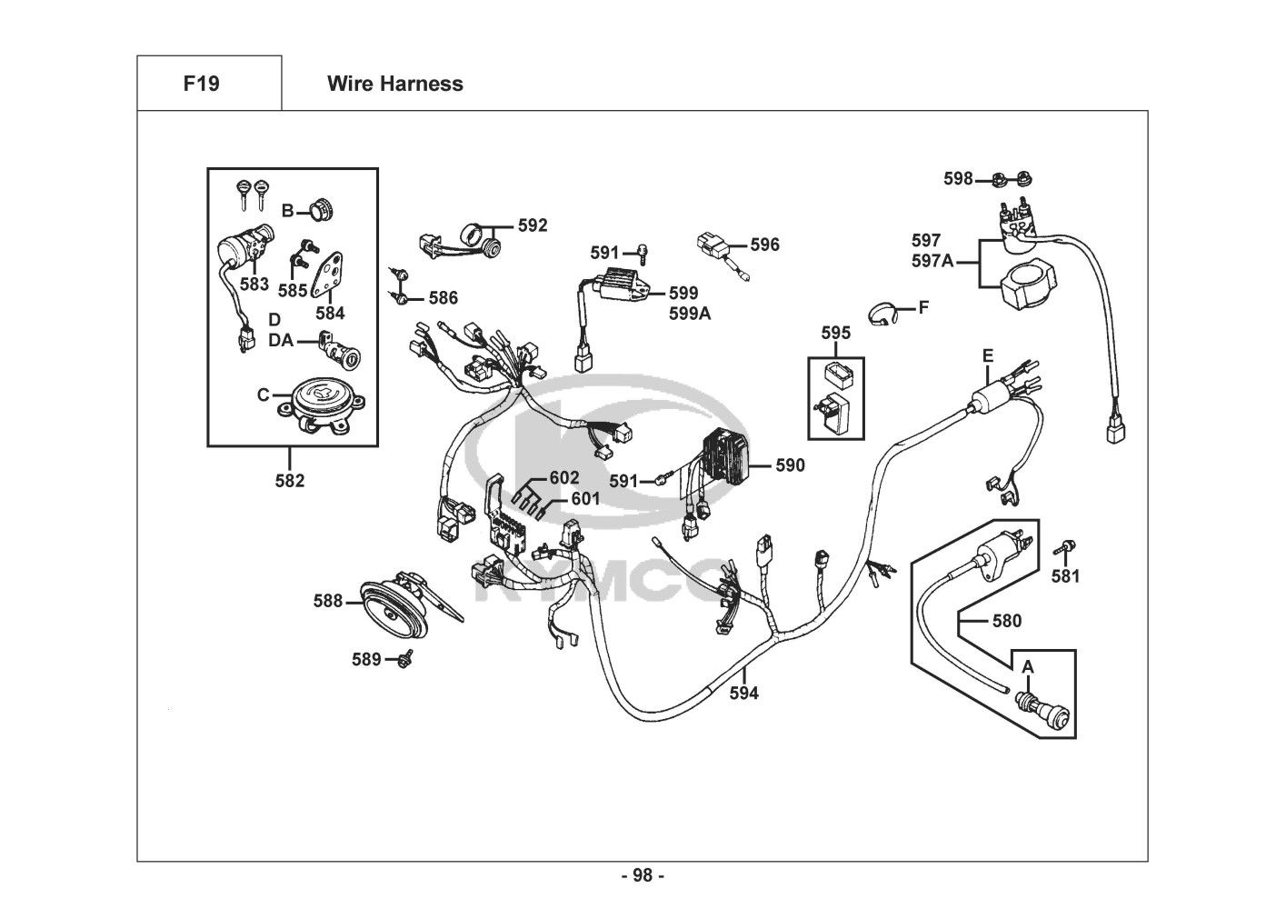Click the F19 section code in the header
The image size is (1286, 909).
(201, 84)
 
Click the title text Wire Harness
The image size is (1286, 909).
(394, 84)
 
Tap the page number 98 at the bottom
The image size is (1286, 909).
(643, 875)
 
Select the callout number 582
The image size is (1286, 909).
(290, 481)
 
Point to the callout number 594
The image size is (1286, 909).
(743, 694)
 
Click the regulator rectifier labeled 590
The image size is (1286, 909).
(724, 463)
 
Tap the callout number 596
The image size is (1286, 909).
(764, 245)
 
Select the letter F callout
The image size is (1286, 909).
(923, 307)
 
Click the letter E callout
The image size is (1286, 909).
(988, 355)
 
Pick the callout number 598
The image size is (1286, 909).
(958, 178)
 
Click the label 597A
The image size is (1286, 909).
(932, 262)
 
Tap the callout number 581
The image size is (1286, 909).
(1065, 575)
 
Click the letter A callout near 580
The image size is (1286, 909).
(1028, 666)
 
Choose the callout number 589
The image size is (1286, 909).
(366, 659)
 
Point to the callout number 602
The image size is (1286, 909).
(563, 478)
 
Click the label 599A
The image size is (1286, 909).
(690, 314)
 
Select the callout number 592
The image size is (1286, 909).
(533, 225)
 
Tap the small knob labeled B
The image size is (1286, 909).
(318, 210)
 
